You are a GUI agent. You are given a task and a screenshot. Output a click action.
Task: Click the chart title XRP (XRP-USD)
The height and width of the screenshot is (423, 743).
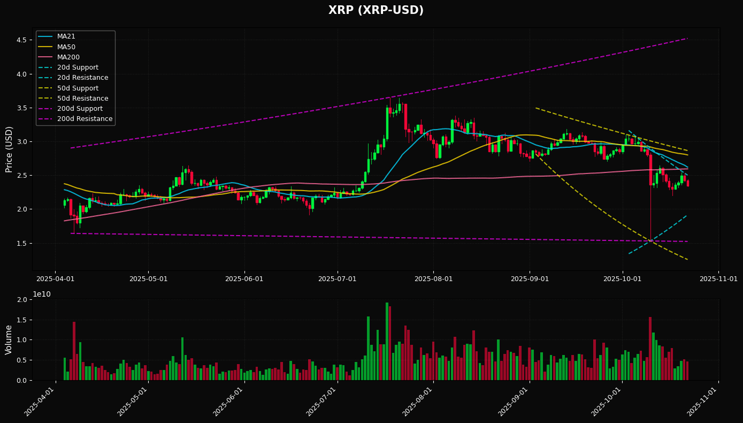tap(376, 10)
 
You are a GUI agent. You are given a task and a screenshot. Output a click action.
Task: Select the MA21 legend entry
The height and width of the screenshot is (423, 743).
tap(66, 36)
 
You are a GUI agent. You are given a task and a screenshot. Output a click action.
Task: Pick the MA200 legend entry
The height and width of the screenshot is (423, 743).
tap(68, 57)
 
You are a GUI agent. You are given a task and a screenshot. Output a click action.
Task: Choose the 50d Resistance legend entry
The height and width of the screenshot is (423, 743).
tap(82, 99)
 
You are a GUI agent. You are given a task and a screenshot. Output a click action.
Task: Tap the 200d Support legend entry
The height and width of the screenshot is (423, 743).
tap(80, 109)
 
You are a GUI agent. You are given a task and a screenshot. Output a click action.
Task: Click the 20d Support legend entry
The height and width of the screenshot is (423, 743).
tap(78, 67)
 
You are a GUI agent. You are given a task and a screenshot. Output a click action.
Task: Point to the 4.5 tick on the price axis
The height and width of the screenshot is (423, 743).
tap(22, 40)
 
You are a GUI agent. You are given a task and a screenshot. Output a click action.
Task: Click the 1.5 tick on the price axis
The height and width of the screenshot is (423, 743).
tap(22, 243)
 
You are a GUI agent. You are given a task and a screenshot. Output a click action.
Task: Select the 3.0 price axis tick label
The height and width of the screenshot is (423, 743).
tap(22, 142)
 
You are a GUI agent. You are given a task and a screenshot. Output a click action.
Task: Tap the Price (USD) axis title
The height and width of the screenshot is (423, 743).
tap(9, 149)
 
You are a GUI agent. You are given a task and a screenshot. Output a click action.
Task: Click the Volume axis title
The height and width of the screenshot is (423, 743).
tap(9, 339)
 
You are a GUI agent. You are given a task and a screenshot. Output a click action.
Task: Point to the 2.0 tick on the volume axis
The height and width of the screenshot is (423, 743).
tap(22, 299)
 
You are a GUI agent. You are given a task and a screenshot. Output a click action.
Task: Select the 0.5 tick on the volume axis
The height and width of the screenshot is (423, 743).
tap(22, 360)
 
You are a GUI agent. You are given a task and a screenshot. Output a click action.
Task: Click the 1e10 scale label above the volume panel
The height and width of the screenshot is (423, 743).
tap(42, 294)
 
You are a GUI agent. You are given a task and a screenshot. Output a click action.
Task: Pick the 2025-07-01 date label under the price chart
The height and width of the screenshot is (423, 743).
tap(337, 279)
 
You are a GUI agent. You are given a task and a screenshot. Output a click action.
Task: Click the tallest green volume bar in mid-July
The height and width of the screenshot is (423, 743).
tap(387, 341)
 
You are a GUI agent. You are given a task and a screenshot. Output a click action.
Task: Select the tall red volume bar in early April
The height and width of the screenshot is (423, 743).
tap(74, 351)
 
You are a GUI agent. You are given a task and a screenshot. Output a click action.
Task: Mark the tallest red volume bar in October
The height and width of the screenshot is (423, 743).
tap(650, 348)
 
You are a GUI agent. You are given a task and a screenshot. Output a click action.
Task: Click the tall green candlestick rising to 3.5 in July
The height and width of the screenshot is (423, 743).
tap(387, 123)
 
